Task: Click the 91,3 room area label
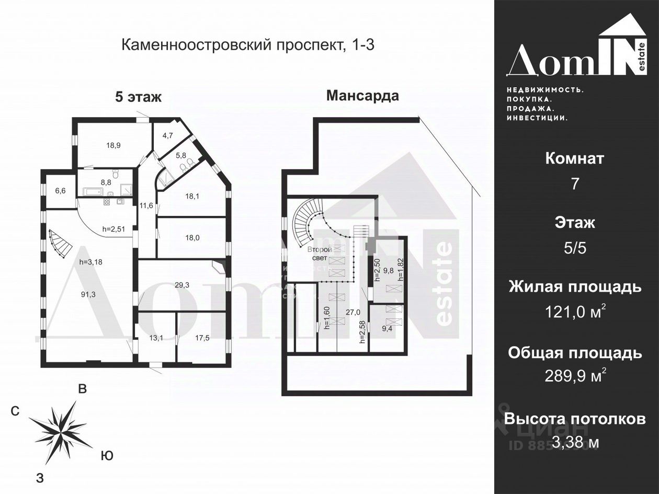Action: (x=88, y=294)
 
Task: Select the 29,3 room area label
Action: (x=181, y=285)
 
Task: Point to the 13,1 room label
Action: (x=156, y=338)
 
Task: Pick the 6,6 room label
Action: (x=61, y=191)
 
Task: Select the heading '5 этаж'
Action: (x=138, y=97)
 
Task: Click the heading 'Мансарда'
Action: (x=362, y=96)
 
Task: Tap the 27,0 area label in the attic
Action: (x=354, y=313)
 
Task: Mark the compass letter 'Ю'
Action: (x=106, y=456)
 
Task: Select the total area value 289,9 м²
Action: (x=575, y=376)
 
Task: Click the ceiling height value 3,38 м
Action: (x=575, y=443)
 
